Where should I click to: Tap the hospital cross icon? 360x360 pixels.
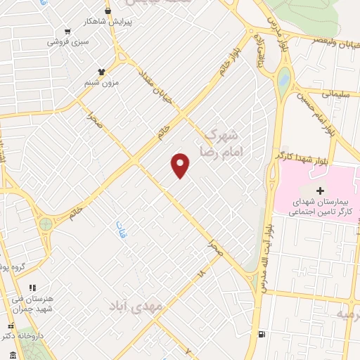coord(321,191)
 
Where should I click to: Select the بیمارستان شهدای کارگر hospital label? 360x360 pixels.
coord(318,207)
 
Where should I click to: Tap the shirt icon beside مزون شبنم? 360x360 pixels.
coord(101,71)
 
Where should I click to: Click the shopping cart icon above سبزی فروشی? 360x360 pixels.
coord(67,31)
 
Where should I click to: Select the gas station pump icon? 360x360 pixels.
coord(262,335)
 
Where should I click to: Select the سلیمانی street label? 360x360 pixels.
coord(336,92)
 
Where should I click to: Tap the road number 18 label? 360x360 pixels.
coord(202,271)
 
